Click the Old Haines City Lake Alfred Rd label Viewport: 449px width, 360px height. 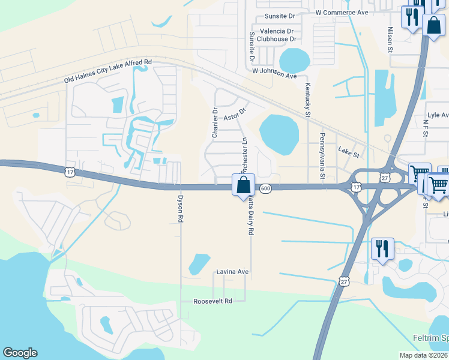click(108, 71)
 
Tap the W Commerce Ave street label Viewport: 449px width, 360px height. click(342, 12)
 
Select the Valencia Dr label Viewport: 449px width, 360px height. click(277, 31)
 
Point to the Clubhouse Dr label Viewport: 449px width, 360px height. click(277, 39)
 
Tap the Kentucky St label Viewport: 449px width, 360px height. click(308, 100)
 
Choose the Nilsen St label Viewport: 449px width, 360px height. click(390, 39)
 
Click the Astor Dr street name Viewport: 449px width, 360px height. click(235, 114)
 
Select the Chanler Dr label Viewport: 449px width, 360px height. click(214, 123)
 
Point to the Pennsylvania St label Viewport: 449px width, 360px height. click(322, 157)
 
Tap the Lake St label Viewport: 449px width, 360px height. click(348, 154)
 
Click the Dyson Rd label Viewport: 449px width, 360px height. click(179, 208)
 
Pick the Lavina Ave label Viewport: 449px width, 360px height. click(232, 272)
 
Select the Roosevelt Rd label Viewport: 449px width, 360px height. click(212, 301)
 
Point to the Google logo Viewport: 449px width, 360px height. click(20, 353)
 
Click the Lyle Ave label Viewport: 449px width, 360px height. click(438, 115)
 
